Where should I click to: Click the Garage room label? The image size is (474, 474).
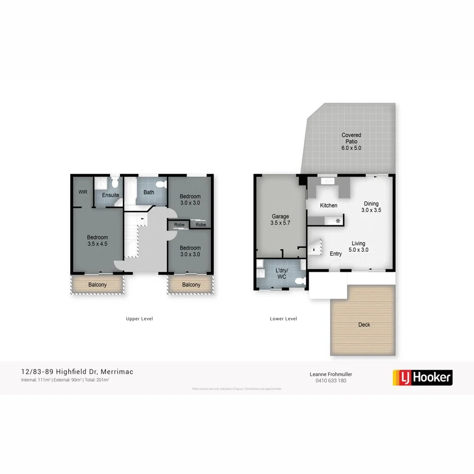click(x=281, y=220)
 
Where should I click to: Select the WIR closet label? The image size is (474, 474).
click(x=83, y=192)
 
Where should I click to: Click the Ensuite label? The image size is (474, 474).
click(x=110, y=195)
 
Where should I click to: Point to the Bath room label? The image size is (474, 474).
click(x=149, y=192)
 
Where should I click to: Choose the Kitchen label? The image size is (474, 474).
click(x=329, y=205)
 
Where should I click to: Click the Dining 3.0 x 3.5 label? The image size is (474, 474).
click(x=371, y=207)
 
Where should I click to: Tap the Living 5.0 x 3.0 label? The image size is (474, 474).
click(x=358, y=246)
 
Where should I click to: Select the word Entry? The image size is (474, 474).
click(x=336, y=254)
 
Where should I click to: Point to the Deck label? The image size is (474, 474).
click(x=364, y=324)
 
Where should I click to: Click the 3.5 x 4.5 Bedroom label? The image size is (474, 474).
click(x=97, y=241)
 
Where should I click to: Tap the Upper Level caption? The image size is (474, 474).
click(x=139, y=319)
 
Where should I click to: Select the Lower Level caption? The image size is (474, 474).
click(x=283, y=319)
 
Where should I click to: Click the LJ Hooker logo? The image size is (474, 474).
click(x=423, y=377)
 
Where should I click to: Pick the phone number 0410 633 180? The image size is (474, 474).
click(x=331, y=380)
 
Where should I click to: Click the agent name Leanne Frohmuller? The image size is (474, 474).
click(x=331, y=374)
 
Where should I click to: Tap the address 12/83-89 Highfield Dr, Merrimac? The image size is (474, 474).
click(x=77, y=372)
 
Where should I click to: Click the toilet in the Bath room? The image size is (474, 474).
click(x=162, y=185)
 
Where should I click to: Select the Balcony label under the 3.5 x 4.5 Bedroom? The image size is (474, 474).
click(x=97, y=285)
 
